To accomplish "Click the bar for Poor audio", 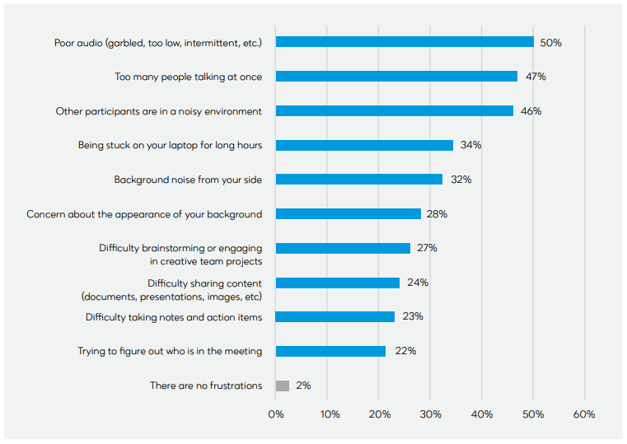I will (405, 42).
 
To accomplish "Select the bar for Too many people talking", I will (396, 77).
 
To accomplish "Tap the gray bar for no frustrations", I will (283, 386).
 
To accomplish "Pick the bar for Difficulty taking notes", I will (335, 317).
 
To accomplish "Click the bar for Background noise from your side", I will (359, 180).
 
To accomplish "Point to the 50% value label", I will (550, 42).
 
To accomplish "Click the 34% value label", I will (470, 145).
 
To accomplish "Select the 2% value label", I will (302, 386).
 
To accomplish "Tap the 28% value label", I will (437, 214).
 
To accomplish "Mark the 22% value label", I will (405, 351).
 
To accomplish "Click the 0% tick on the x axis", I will (276, 414).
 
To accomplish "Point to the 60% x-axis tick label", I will (583, 414).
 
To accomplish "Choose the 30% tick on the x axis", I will (430, 414).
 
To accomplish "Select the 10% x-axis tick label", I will (328, 414).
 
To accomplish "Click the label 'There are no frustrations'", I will (206, 386).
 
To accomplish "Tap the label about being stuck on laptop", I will (170, 145).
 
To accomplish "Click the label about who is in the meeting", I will (170, 351).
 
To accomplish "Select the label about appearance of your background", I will (144, 214).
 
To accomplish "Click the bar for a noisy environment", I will (395, 111).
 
